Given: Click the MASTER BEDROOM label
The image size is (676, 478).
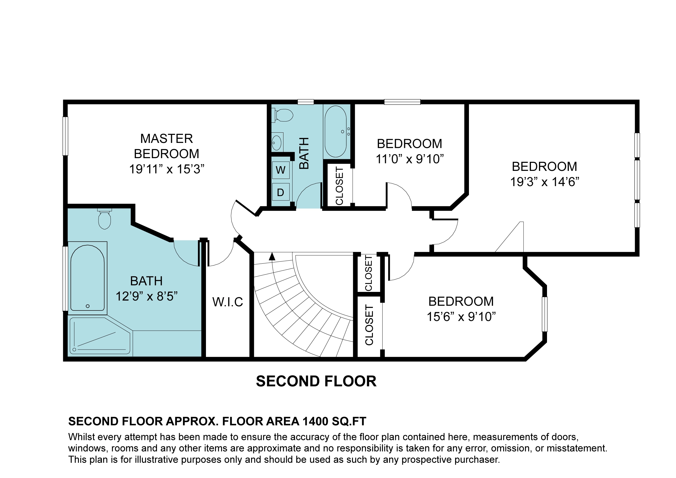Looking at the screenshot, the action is [167, 146].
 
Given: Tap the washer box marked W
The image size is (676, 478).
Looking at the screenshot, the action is [281, 170].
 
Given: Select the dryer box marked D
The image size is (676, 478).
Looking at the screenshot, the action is [281, 192].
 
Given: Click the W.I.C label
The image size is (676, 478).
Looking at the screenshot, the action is [228, 302].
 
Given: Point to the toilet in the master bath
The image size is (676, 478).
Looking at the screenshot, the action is [105, 219].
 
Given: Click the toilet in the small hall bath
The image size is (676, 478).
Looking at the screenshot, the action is [282, 115].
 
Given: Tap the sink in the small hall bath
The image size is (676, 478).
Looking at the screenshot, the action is [277, 142].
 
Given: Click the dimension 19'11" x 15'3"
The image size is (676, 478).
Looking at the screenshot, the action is [167, 169].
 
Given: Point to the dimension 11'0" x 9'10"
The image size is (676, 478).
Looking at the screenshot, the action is [409, 159].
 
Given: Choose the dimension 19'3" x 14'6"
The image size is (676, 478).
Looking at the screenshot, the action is [545, 182].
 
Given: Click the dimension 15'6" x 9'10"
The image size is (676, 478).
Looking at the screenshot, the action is [461, 317].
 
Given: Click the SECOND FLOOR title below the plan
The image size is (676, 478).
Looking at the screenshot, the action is [316, 381].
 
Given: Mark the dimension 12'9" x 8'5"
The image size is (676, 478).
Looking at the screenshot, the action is [146, 296].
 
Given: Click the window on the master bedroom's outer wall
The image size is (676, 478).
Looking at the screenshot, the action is [65, 136].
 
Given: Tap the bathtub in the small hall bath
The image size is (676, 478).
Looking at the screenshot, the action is [335, 131].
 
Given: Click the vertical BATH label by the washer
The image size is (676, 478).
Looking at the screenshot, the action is [304, 153].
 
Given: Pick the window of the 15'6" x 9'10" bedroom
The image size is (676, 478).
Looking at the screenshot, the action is [545, 314].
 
